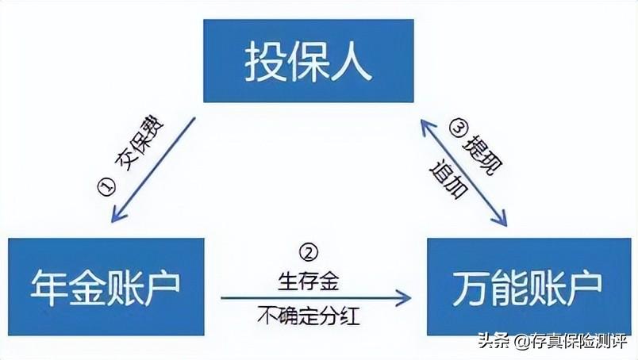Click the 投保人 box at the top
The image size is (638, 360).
[x=309, y=61]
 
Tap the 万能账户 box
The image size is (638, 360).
[x=530, y=285]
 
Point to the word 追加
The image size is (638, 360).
[x=445, y=180]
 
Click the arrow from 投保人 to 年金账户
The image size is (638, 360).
[x=155, y=169]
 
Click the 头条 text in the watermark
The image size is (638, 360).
[x=493, y=343]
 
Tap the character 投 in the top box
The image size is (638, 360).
[x=264, y=62]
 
